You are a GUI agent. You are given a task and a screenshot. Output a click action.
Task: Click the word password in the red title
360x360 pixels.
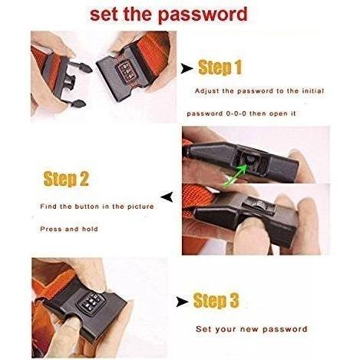203,15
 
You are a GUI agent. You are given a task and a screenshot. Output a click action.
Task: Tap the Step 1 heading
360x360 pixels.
220,68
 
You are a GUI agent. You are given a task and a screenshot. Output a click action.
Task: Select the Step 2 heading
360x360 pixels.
66,178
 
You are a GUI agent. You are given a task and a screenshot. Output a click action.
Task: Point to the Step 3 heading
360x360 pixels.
216,300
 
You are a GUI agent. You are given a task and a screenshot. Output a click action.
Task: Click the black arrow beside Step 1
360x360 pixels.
187,68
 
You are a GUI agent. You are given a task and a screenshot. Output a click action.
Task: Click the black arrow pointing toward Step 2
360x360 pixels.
167,197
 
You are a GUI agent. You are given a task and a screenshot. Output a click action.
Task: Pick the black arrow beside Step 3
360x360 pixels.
182,302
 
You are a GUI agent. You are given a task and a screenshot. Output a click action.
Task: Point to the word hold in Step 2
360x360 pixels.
90,229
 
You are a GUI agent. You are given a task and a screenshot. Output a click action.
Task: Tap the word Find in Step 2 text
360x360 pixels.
48,206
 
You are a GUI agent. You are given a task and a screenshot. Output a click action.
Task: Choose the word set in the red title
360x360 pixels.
104,15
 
